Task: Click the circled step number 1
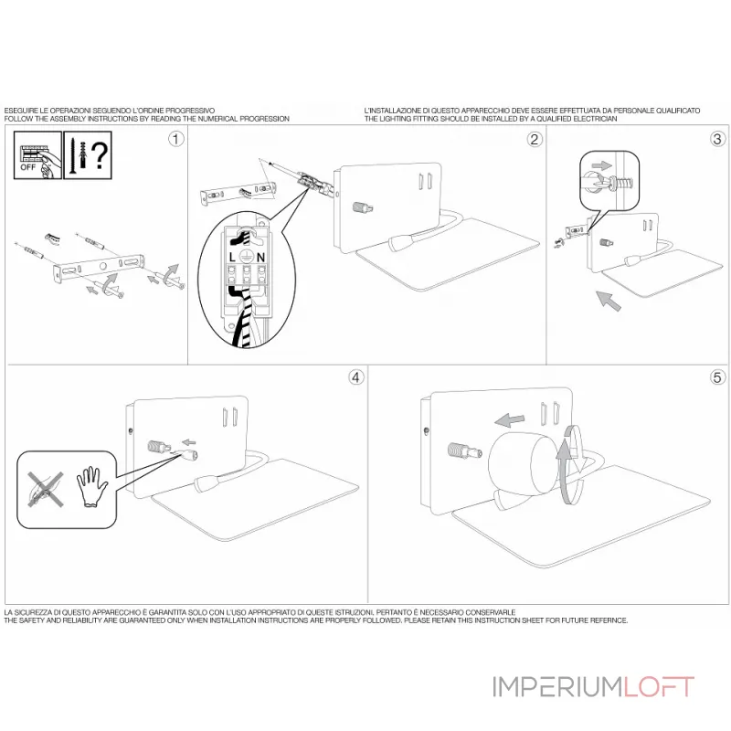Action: point(175,139)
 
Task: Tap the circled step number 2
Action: point(535,139)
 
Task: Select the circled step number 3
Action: point(717,139)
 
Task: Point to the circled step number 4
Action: point(356,377)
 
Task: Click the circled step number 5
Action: point(717,377)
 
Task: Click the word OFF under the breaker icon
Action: point(27,167)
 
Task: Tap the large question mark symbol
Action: point(100,155)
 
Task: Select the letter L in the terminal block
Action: point(232,257)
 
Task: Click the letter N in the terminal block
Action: point(260,257)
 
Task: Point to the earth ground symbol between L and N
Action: point(246,256)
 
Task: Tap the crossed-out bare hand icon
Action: point(45,489)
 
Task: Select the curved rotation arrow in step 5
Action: point(571,464)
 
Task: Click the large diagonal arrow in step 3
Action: point(609,301)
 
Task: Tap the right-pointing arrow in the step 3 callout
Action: point(602,165)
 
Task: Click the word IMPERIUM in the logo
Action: point(556,687)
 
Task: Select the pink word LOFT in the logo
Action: point(659,687)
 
